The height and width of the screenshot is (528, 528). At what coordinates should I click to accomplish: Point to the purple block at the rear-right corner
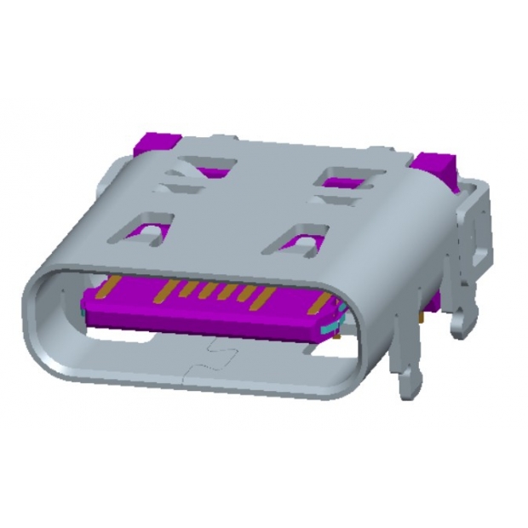pos(436,166)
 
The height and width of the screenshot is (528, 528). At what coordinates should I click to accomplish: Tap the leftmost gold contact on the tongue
pos(108,290)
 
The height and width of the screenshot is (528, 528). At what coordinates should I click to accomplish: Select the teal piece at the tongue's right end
pos(328,326)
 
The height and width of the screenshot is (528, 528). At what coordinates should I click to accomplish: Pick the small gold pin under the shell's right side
pos(423,316)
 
